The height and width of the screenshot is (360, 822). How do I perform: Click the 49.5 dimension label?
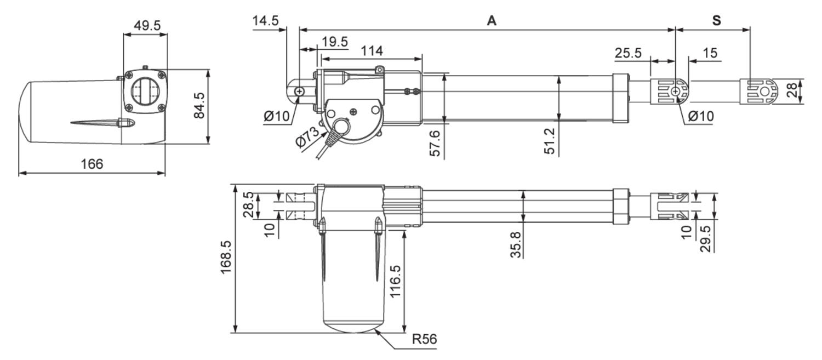click(x=145, y=25)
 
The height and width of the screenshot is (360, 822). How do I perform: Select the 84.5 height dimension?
click(x=199, y=105)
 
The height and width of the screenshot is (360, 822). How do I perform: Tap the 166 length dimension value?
click(x=92, y=164)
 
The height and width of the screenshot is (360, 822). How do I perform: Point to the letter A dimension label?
click(x=492, y=21)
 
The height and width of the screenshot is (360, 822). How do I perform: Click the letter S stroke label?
click(x=716, y=21)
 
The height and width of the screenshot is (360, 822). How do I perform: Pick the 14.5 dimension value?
click(x=266, y=21)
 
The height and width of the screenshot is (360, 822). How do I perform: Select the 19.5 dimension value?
click(x=335, y=42)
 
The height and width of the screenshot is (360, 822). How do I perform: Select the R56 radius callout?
click(x=424, y=339)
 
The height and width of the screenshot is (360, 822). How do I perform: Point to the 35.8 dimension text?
click(x=515, y=243)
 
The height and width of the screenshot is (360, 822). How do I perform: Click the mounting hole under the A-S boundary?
click(x=676, y=91)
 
